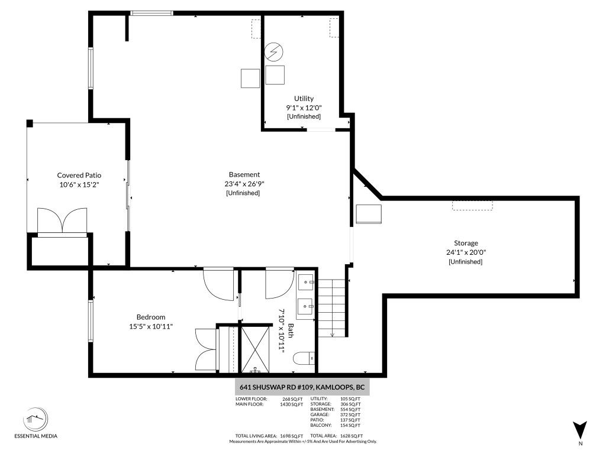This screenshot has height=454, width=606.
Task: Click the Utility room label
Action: pyautogui.click(x=304, y=98)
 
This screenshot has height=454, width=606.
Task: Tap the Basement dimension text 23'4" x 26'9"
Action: pyautogui.click(x=244, y=184)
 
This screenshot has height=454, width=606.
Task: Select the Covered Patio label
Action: pyautogui.click(x=79, y=175)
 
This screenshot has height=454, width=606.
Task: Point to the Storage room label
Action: pyautogui.click(x=466, y=243)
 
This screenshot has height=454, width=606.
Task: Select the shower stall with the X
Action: pyautogui.click(x=257, y=349)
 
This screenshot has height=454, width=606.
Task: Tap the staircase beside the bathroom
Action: pyautogui.click(x=332, y=307)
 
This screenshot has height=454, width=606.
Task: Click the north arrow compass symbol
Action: pyautogui.click(x=580, y=430)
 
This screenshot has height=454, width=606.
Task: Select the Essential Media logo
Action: pyautogui.click(x=36, y=422)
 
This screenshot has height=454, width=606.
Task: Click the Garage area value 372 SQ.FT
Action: pyautogui.click(x=350, y=414)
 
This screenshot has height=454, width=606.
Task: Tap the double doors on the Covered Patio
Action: pyautogui.click(x=62, y=220)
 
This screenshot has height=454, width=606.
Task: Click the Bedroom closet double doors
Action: pyautogui.click(x=207, y=349)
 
